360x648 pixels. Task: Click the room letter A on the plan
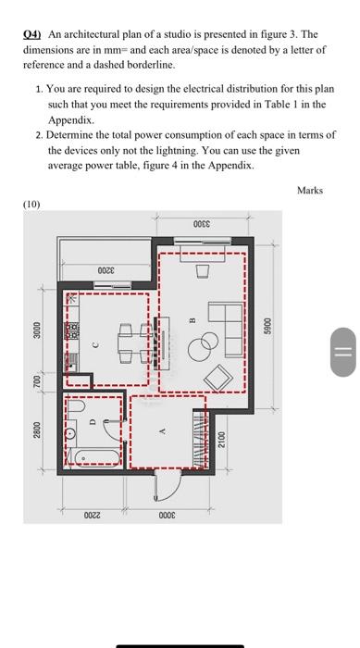click(163, 431)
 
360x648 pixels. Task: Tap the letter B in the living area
click(192, 320)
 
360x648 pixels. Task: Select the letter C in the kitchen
click(95, 343)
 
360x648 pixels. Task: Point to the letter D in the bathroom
click(93, 421)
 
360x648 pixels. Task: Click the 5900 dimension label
click(268, 326)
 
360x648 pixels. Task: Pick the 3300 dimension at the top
click(202, 224)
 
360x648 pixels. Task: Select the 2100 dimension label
click(221, 440)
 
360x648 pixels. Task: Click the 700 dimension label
click(37, 380)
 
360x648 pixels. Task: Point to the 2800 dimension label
click(37, 430)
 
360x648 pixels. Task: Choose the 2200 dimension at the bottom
click(92, 516)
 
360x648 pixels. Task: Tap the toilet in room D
click(76, 405)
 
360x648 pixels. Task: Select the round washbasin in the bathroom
click(71, 433)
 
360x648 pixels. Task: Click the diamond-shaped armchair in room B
click(218, 378)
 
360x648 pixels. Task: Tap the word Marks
click(310, 191)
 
